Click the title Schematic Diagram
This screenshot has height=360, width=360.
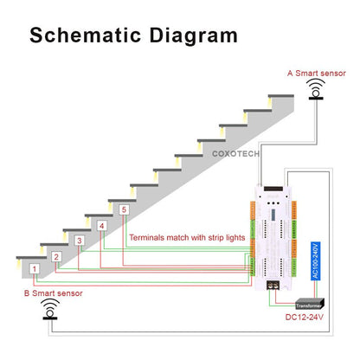pos(133,35)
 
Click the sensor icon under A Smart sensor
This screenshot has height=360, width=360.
pos(318,89)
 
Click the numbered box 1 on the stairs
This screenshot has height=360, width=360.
pos(35,269)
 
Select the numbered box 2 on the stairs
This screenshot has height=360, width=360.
pos(57,256)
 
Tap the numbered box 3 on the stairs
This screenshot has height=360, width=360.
pos(80,241)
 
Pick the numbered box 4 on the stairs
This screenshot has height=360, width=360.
pos(102,226)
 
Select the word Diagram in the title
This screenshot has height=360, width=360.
pos(193,35)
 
